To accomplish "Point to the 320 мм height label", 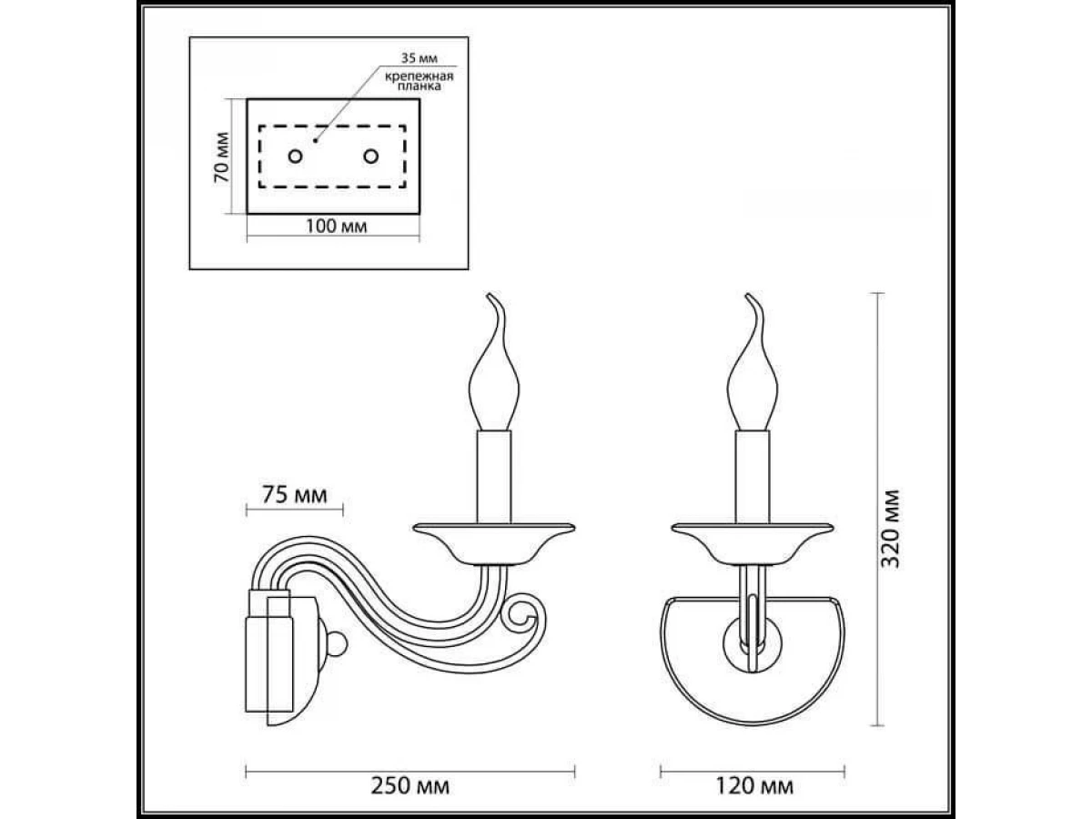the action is [890, 529].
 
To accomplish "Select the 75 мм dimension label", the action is [295, 494].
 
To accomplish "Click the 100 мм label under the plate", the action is [337, 227].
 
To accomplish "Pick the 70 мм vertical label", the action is [222, 157].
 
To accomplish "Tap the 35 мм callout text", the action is [419, 58].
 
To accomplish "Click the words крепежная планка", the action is [420, 81].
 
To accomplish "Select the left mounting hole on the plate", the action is [295, 157].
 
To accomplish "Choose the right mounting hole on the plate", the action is [370, 157].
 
